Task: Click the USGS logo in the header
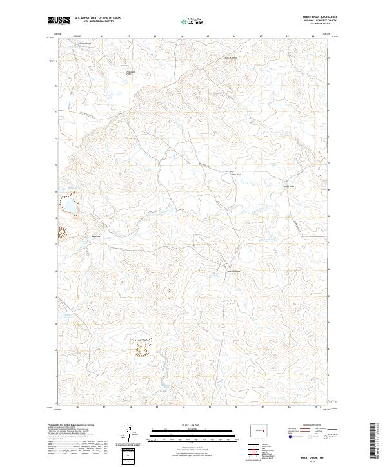tap(59, 21)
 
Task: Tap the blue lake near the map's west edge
tap(67, 206)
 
